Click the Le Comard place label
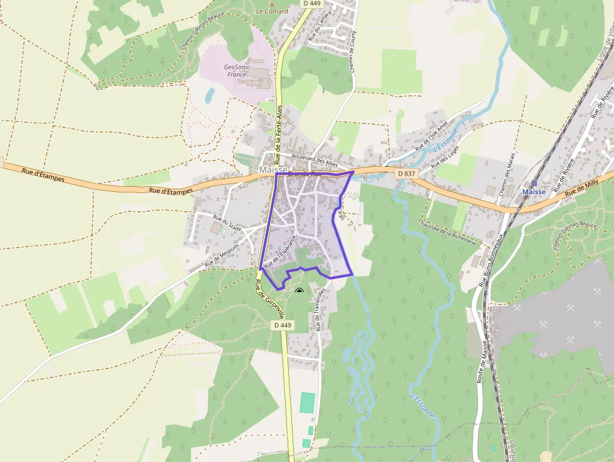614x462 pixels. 271,11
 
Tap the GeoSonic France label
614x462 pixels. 236,71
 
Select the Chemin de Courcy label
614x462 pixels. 353,53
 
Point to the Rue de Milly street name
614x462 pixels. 581,187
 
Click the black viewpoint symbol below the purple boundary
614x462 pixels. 299,291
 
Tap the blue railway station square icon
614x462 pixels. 534,184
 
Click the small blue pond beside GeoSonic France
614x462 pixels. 210,96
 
